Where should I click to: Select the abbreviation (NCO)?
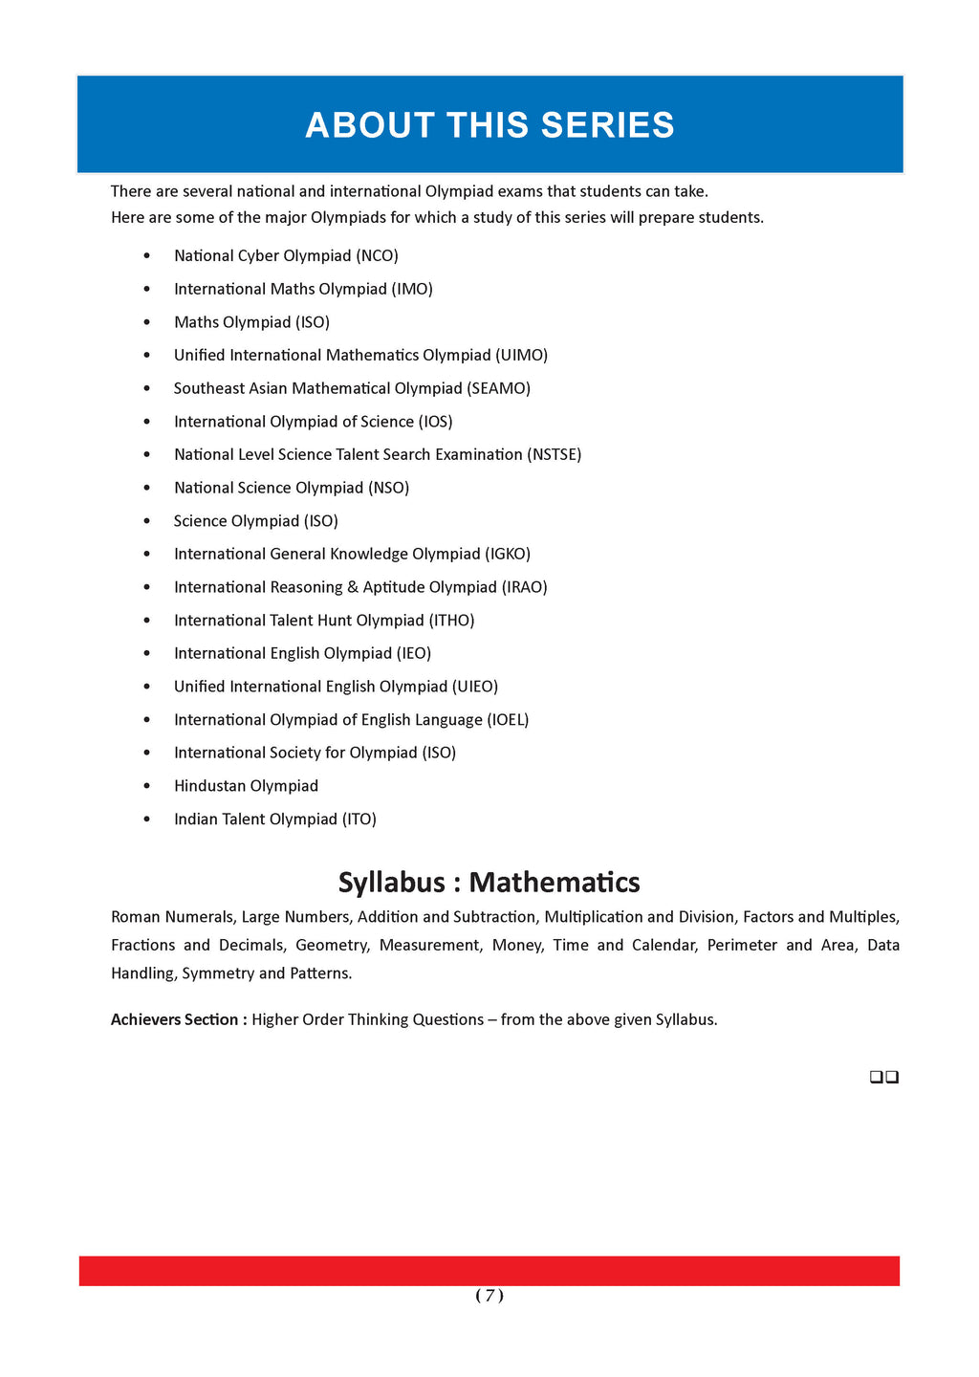pos(377,255)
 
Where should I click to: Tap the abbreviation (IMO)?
pos(412,289)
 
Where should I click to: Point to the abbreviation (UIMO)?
pos(521,355)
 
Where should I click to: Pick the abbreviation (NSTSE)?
pos(554,454)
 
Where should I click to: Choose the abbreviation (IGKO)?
pos(508,554)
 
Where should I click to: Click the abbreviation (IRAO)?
pos(524,587)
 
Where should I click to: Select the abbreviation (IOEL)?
pos(508,720)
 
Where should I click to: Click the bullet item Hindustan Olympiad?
pos(246,786)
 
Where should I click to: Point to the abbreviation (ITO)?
pos(359,820)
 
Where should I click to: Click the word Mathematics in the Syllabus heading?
pos(555,882)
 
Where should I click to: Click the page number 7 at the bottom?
pos(489,1296)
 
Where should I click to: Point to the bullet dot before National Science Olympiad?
pos(146,488)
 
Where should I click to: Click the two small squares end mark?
pos(884,1078)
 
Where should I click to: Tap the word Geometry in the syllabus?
pos(332,945)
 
